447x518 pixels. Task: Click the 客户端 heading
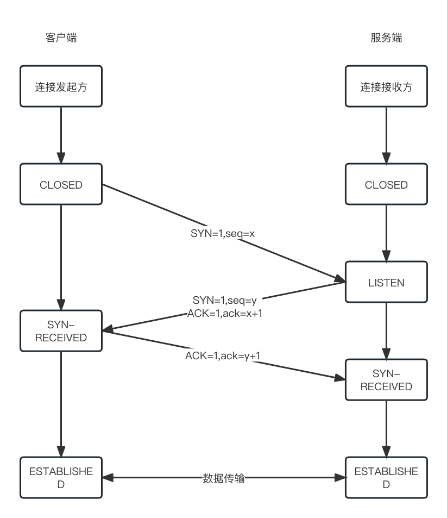click(x=61, y=38)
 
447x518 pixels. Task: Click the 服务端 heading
click(x=386, y=38)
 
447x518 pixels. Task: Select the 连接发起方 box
click(x=61, y=86)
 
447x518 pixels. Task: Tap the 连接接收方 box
click(x=386, y=86)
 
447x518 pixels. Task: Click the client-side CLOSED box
click(x=61, y=185)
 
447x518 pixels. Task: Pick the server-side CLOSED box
click(x=386, y=185)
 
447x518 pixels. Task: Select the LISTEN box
click(x=386, y=283)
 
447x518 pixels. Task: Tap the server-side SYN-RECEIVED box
click(x=386, y=380)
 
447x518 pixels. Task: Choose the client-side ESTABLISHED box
click(x=61, y=478)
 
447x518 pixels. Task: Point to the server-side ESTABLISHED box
click(x=386, y=478)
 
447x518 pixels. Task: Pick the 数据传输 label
click(x=224, y=478)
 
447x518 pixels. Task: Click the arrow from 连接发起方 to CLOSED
click(x=61, y=136)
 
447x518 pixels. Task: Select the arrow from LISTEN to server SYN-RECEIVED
click(x=386, y=332)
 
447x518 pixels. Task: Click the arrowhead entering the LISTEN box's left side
click(x=341, y=280)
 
